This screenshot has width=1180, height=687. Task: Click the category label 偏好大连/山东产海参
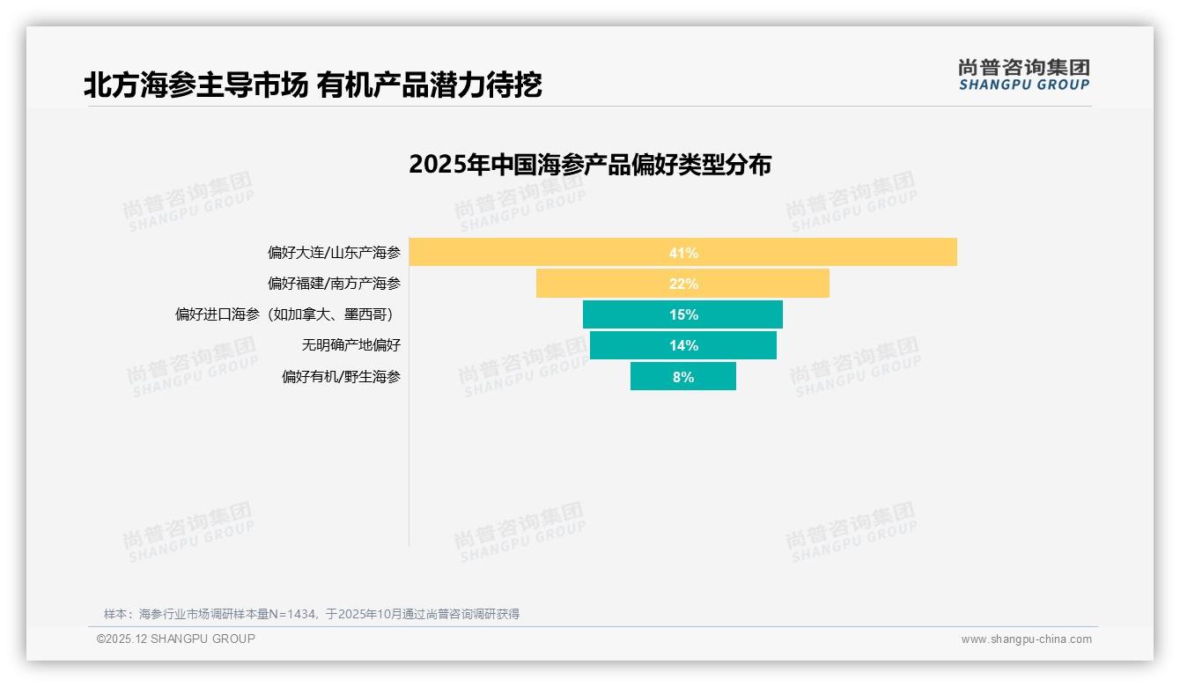pos(334,253)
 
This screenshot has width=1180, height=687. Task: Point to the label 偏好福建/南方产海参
pos(334,284)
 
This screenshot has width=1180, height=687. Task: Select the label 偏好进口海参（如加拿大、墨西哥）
pos(287,314)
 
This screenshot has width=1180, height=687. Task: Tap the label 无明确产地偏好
pos(350,345)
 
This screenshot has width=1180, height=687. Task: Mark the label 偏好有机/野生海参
pos(341,376)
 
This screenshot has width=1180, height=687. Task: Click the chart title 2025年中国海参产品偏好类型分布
pos(590,165)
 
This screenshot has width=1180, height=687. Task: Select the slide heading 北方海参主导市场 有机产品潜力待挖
pos(313,85)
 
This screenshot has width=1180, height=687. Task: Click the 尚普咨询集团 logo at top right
pos(1023,74)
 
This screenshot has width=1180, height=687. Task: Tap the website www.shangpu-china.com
pos(1026,639)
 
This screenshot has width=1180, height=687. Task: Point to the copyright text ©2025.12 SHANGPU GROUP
pos(176,639)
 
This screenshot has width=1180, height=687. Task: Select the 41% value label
pos(683,253)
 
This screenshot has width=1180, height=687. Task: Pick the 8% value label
pos(683,377)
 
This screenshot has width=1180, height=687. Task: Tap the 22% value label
pos(683,284)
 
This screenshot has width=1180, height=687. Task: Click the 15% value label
pos(683,314)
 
